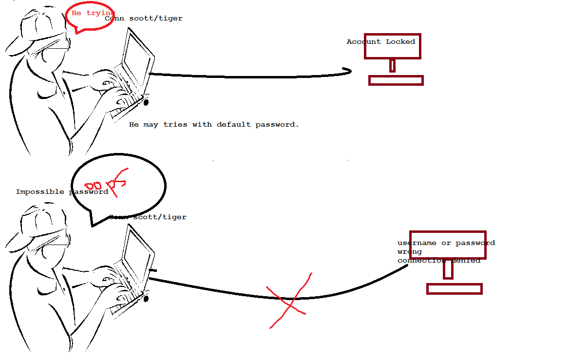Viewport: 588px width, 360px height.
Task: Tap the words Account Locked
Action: [380, 42]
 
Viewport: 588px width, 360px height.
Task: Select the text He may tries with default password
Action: [213, 125]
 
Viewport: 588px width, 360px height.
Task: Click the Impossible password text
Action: [61, 192]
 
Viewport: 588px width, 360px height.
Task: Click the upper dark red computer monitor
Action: [392, 47]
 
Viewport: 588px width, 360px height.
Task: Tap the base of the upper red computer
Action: [396, 80]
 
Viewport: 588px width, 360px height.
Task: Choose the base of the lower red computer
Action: [454, 289]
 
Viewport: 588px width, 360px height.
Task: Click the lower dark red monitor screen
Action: [448, 245]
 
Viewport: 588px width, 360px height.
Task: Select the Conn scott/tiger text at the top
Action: [144, 19]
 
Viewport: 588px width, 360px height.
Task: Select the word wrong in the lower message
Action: [409, 252]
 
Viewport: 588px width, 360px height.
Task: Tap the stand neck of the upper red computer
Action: [392, 65]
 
